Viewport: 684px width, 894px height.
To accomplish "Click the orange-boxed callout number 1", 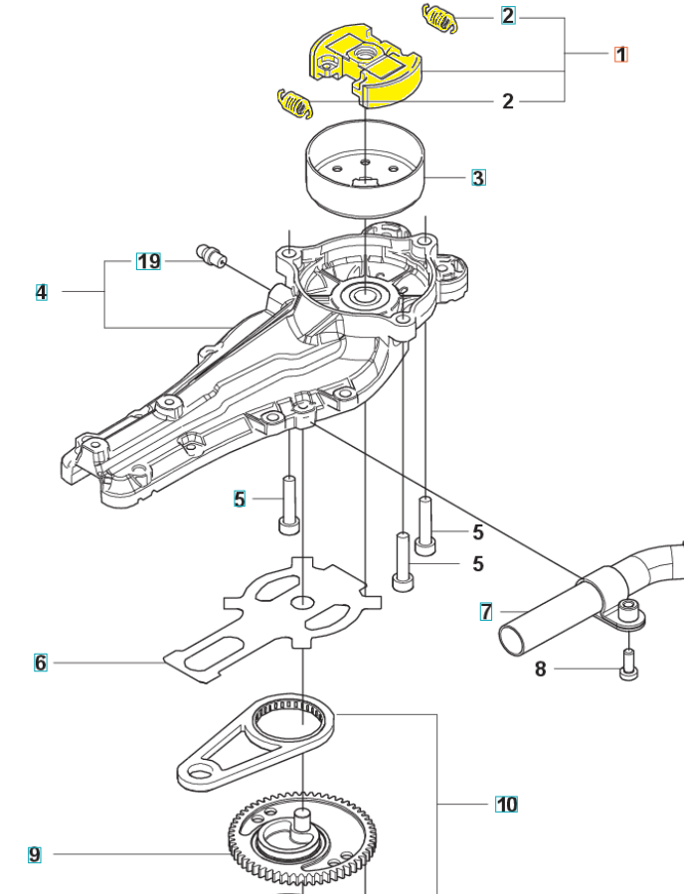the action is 620,55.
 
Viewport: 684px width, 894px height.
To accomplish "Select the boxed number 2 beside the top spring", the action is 508,15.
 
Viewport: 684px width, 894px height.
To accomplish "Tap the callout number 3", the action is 478,178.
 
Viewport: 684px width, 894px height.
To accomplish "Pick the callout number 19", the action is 148,261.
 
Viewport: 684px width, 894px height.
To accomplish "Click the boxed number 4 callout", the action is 41,292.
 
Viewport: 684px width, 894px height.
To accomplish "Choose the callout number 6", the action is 40,663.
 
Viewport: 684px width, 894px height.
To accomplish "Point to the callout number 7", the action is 485,612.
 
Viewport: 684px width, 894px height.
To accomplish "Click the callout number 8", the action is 540,669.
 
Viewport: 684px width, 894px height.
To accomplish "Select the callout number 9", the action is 34,854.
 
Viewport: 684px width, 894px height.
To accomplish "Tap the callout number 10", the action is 506,805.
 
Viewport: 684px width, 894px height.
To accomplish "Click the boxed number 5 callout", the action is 240,499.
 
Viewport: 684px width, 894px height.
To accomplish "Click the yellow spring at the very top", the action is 439,18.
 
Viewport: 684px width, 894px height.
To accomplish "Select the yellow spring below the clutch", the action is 294,103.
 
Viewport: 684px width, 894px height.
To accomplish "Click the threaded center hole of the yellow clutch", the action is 365,55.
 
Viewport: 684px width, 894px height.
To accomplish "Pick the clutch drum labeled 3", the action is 365,169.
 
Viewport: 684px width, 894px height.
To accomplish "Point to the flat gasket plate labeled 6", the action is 273,619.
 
